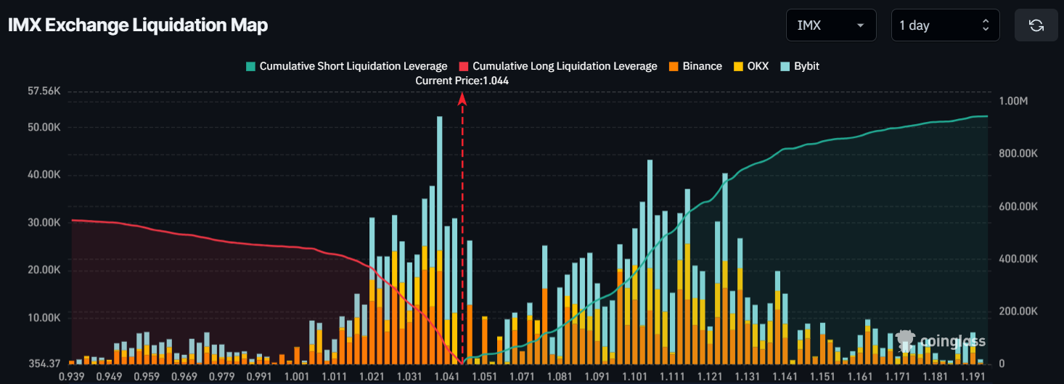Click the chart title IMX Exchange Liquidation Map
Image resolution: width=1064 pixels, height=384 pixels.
point(138,25)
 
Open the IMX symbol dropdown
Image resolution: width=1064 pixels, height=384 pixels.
point(830,25)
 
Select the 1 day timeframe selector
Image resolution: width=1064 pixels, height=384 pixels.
point(944,25)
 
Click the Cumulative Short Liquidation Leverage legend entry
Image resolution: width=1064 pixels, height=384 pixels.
point(347,66)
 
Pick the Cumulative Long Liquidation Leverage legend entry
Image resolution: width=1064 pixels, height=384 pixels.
point(558,66)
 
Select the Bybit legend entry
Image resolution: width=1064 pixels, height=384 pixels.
point(800,66)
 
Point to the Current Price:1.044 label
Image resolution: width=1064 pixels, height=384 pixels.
point(462,81)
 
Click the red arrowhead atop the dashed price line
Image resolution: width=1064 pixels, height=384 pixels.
point(462,99)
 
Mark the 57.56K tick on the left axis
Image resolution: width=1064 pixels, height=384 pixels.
point(44,91)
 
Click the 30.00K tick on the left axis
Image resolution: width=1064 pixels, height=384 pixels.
point(44,223)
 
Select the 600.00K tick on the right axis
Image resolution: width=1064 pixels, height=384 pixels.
point(1018,207)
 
